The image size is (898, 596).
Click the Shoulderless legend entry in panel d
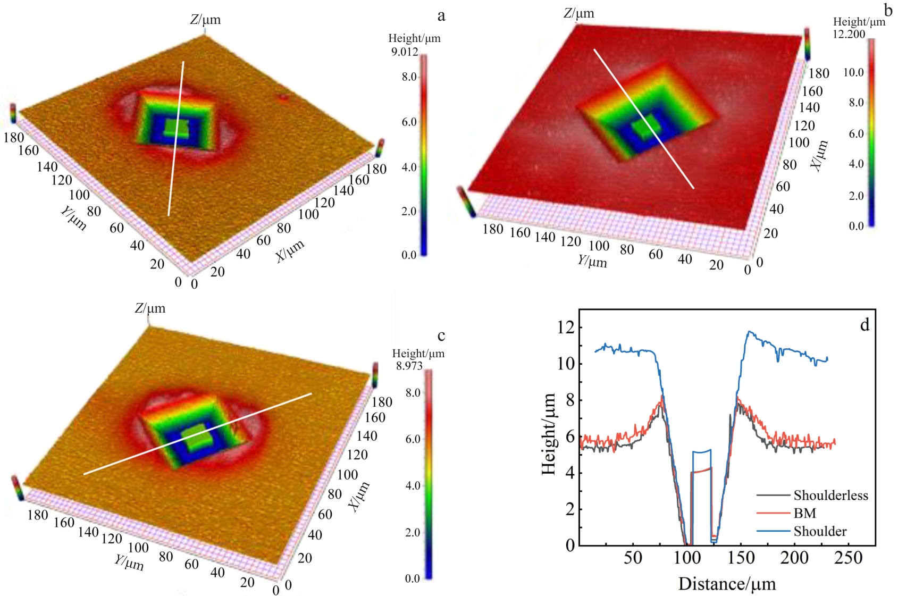830,496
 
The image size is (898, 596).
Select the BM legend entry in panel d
804,513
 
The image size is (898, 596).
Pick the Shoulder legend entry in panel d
820,531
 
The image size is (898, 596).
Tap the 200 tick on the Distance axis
794,558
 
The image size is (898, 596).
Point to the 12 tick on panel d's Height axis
566,327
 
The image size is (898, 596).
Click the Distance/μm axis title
727,584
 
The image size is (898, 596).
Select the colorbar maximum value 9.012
405,52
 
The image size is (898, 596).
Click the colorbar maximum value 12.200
849,34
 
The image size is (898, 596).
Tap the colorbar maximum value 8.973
409,366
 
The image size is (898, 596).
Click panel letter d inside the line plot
865,324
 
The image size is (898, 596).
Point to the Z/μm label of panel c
150,308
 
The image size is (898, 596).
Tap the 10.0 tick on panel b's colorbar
853,72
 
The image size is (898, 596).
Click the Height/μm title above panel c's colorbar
418,354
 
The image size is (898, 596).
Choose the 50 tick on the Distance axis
633,558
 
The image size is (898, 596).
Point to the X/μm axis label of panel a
290,251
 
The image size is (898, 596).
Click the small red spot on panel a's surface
283,97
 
